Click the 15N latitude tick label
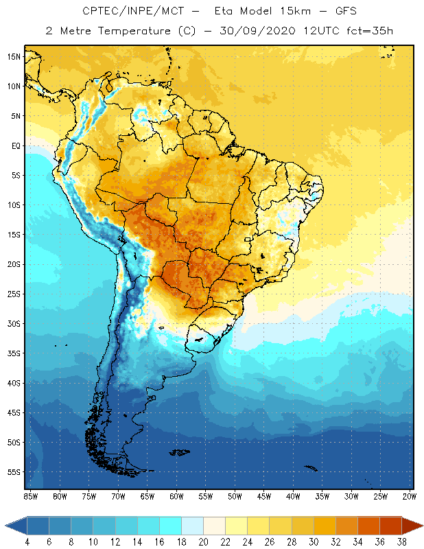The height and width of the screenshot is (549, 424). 14,56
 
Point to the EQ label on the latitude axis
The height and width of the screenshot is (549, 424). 14,145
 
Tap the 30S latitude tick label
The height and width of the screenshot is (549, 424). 14,323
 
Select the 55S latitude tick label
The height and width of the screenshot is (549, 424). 14,472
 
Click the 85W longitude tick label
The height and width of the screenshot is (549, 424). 30,496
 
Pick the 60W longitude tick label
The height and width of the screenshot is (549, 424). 176,496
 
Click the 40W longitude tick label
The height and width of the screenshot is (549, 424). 293,496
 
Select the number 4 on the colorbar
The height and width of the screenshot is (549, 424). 27,541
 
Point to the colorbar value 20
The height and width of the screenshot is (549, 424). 203,541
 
